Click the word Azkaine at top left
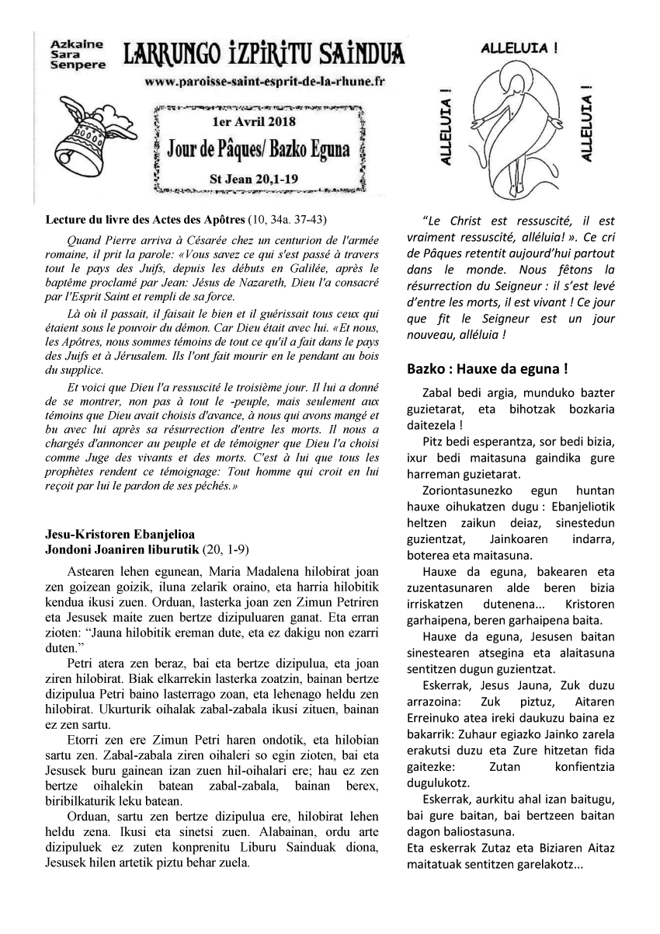pos(71,46)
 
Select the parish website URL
pos(264,81)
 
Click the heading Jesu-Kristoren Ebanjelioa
pos(120,535)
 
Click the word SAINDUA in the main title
pos(360,54)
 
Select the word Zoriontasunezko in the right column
pos(463,491)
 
